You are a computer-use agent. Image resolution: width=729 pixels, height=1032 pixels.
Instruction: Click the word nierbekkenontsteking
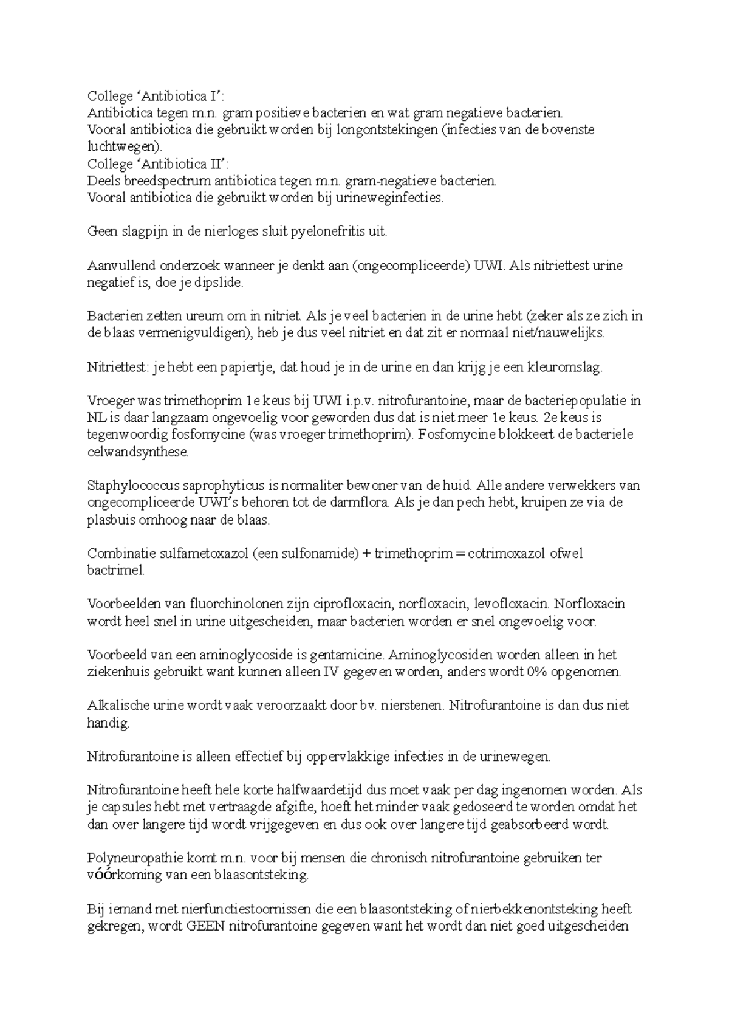click(531, 909)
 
